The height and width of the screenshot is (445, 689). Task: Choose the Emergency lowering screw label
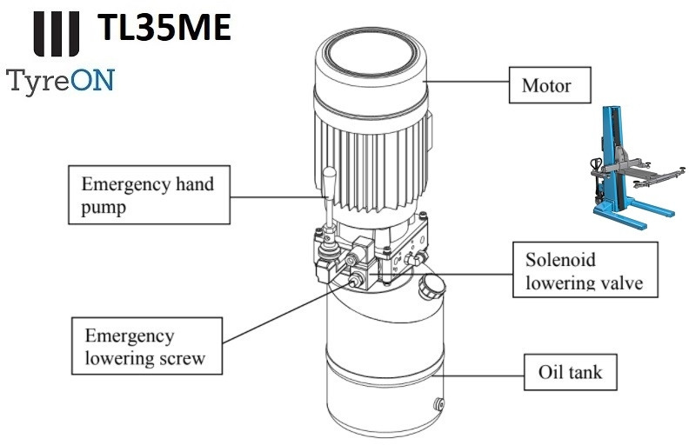[146, 347]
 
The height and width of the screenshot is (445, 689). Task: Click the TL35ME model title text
[164, 29]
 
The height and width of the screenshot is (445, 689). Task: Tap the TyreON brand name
[61, 81]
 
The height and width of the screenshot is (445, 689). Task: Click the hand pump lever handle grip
[330, 187]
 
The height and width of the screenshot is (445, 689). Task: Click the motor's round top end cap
[371, 54]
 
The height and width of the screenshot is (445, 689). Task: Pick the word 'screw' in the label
[179, 357]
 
